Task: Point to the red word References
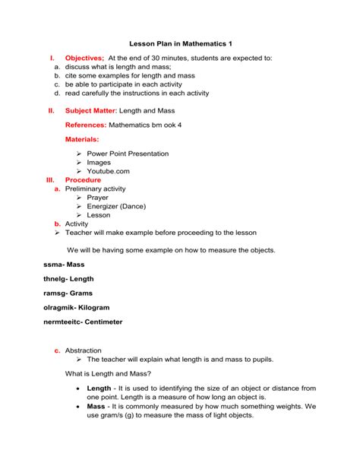(x=86, y=124)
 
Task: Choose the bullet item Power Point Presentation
(x=128, y=154)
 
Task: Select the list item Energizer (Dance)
(x=116, y=206)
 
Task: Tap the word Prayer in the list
(x=98, y=198)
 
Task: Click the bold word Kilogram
(x=93, y=307)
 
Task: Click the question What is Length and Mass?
(x=108, y=374)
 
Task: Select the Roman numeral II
(x=51, y=110)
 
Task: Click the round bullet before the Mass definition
(x=79, y=407)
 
